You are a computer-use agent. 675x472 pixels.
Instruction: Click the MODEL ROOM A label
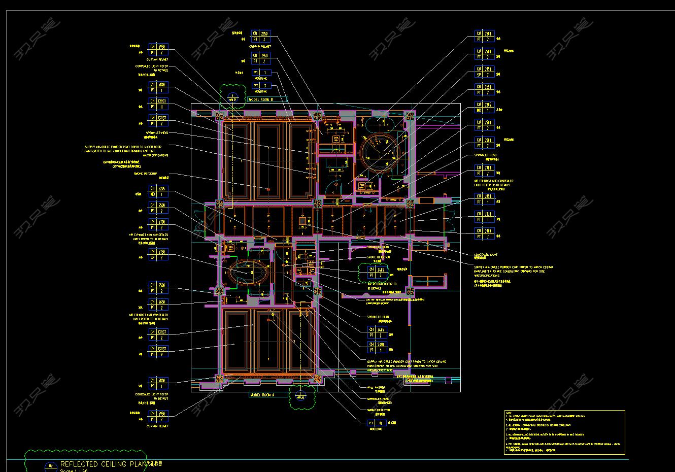point(262,395)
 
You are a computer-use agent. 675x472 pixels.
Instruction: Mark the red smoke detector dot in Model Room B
point(267,189)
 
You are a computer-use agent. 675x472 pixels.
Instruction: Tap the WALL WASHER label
point(376,387)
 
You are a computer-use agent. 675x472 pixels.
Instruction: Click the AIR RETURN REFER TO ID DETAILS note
point(382,286)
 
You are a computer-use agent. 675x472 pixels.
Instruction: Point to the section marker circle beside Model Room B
point(233,96)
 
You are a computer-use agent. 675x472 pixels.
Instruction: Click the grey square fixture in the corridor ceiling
point(302,221)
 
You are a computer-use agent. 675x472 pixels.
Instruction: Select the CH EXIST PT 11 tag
point(158,104)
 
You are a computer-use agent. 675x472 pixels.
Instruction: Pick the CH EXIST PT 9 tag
point(158,352)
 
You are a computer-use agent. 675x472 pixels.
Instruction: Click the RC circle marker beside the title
point(51,466)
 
